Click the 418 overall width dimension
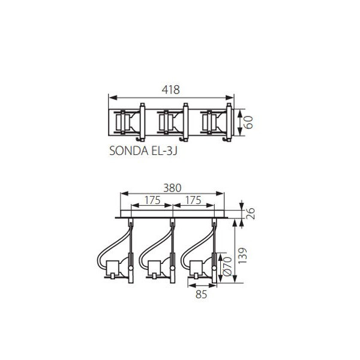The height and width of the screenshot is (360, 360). (170, 90)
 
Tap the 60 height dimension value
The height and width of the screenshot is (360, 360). (248, 122)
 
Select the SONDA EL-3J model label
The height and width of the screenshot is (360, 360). (143, 151)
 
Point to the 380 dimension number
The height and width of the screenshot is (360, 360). (172, 188)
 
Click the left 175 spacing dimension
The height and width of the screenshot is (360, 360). (152, 200)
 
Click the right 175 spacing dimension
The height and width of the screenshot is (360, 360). (193, 200)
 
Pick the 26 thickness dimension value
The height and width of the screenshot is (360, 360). (251, 214)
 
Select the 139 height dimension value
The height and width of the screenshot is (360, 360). (243, 256)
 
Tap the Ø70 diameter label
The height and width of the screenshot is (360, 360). (227, 266)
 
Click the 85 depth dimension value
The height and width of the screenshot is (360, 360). (202, 295)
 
